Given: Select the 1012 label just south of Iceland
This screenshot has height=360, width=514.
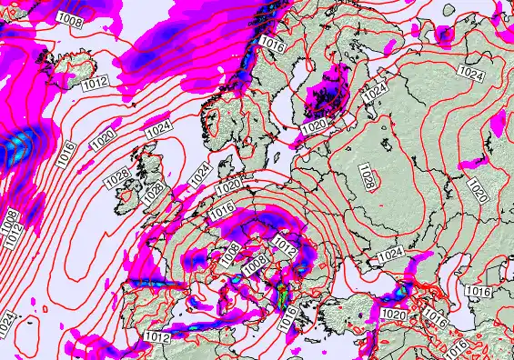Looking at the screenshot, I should (95, 84).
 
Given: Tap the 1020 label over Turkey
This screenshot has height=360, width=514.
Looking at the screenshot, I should (394, 314).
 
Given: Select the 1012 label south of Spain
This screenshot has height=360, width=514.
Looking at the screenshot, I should (156, 336).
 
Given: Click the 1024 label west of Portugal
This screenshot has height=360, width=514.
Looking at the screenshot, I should (6, 319).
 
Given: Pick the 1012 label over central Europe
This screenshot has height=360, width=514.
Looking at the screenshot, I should (285, 245).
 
